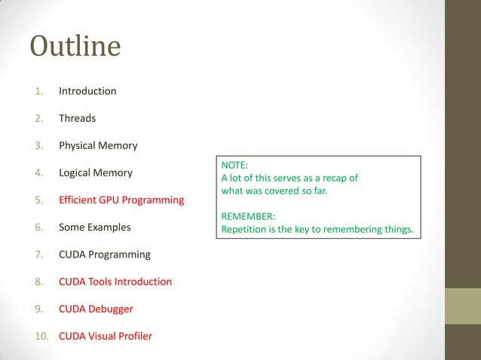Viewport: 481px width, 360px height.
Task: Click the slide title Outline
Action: coord(75,47)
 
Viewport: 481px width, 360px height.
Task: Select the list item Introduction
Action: coord(87,91)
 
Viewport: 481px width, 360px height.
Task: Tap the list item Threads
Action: coord(77,118)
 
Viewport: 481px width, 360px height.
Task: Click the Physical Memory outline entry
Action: coord(98,145)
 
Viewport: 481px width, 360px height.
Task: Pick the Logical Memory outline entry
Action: coord(95,172)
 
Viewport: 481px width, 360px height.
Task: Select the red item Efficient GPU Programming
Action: coord(121,200)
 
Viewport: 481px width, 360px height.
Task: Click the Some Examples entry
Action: coord(94,227)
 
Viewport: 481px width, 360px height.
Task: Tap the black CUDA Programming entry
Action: coord(104,255)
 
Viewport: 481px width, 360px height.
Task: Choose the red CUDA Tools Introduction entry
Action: coord(115,282)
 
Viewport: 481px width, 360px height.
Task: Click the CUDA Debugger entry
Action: coord(96,309)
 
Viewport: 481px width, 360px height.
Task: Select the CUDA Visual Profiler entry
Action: coord(105,336)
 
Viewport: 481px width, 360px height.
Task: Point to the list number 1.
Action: coord(39,91)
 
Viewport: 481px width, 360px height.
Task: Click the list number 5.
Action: coord(39,200)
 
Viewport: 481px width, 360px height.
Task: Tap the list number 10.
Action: coord(41,336)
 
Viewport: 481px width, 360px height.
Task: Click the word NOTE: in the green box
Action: coord(234,165)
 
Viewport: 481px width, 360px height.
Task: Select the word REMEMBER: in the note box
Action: coord(248,217)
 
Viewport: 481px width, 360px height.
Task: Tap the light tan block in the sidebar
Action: coord(463,306)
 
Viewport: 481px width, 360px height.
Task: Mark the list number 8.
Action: coord(39,282)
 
